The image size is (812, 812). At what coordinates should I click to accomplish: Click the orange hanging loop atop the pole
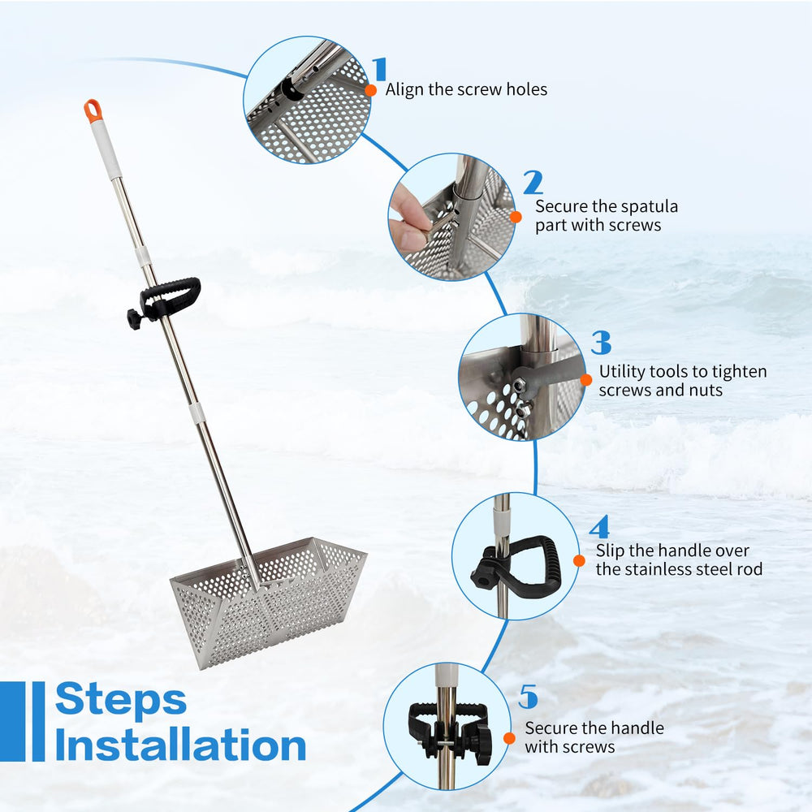tap(93, 110)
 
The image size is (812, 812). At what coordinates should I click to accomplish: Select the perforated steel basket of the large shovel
tap(269, 601)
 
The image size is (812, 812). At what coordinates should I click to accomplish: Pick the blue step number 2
tap(533, 183)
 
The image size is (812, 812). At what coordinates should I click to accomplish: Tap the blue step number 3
tap(601, 343)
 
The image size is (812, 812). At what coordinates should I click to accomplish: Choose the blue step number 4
tap(599, 527)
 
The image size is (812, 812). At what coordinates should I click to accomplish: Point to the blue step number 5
tap(529, 697)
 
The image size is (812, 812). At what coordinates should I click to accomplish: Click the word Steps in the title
tap(121, 699)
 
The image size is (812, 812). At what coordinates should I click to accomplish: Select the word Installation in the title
tap(180, 744)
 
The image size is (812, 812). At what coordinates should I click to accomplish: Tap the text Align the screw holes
tap(466, 89)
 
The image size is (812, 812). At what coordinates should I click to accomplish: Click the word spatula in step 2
tap(648, 206)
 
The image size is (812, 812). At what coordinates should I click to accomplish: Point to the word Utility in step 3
tap(622, 372)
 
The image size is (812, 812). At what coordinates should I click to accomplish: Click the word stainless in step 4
tap(677, 569)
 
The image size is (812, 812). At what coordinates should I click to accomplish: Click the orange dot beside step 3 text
tap(586, 380)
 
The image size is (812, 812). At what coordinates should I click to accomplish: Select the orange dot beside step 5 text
tap(510, 738)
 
